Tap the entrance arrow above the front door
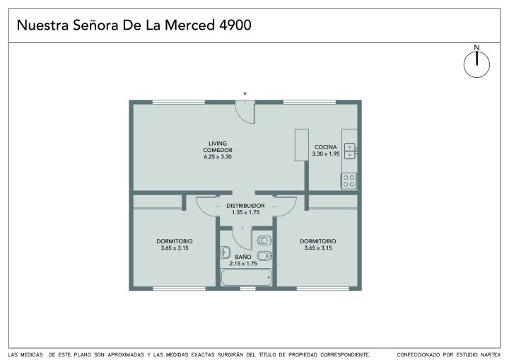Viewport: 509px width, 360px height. tap(245, 94)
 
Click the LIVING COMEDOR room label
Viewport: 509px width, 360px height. tap(218, 146)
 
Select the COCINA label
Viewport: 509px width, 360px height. tap(326, 147)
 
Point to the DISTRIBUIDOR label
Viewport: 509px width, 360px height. tap(245, 206)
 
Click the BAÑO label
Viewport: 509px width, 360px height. tap(243, 257)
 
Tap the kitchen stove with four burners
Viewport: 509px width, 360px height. tap(349, 181)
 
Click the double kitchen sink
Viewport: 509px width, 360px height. tap(350, 151)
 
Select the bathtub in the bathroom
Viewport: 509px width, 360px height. tap(247, 278)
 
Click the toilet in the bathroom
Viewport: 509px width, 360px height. tap(264, 240)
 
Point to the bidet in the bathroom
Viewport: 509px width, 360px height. tap(264, 256)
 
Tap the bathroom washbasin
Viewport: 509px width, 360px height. tap(226, 252)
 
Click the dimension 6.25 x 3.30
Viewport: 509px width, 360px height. tap(218, 156)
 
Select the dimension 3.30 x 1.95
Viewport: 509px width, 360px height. tap(326, 153)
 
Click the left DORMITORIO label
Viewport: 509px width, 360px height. tap(175, 241)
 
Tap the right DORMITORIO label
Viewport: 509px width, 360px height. tap(318, 241)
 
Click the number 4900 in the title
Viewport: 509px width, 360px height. tap(235, 25)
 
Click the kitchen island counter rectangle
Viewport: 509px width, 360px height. tap(302, 145)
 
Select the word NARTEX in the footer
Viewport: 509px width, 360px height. tap(491, 355)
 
